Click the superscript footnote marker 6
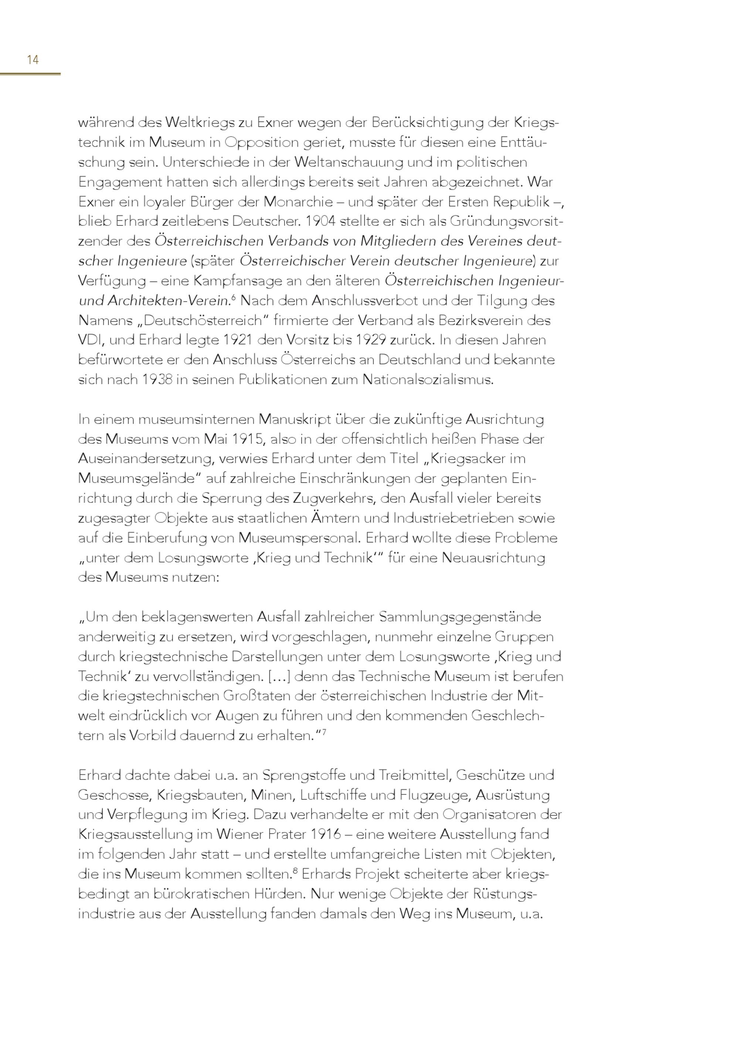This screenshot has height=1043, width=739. (x=234, y=298)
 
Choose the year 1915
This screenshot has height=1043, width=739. (x=248, y=439)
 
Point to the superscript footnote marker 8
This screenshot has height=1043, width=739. (x=295, y=871)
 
